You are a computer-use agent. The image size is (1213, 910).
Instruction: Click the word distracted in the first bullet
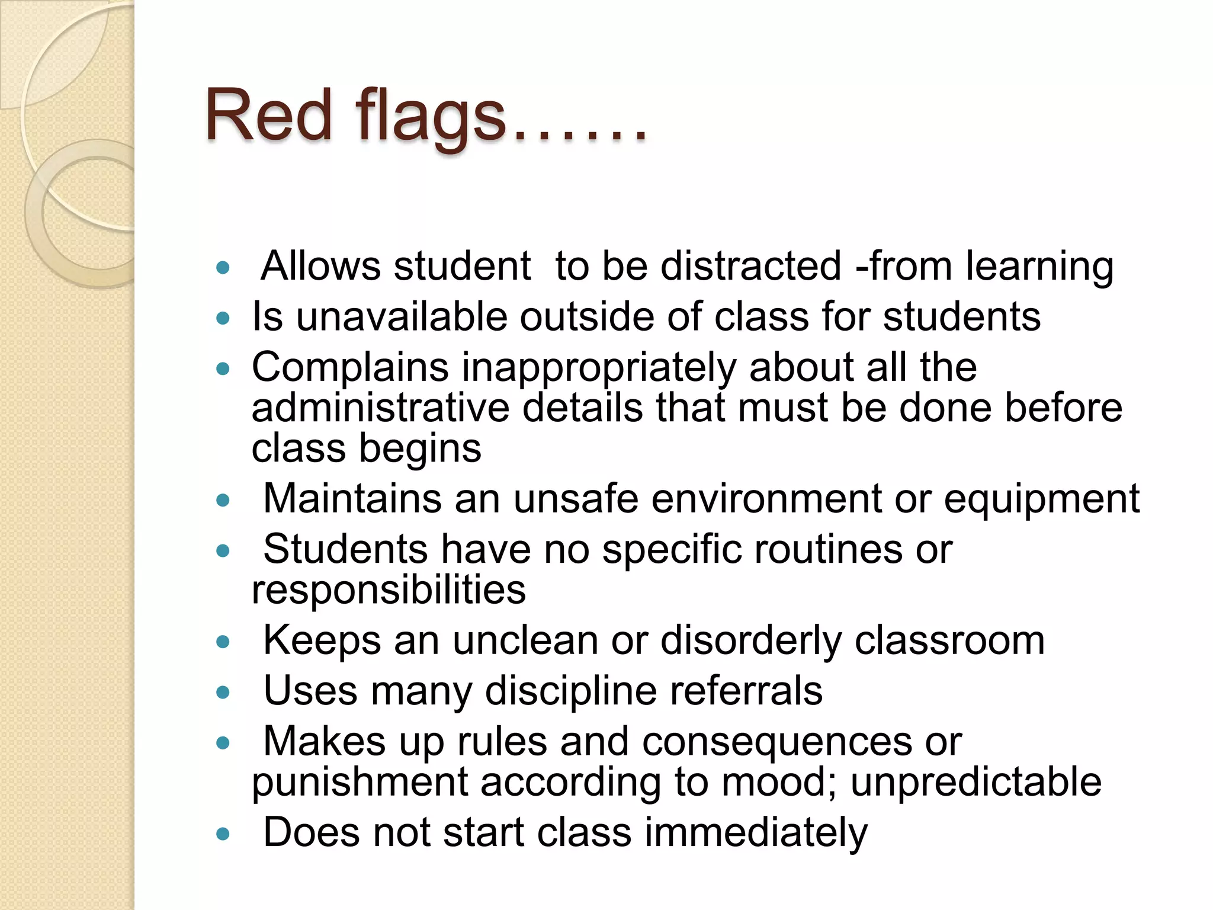click(750, 266)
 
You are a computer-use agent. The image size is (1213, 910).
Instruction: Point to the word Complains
click(350, 367)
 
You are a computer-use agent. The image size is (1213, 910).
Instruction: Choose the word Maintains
click(352, 498)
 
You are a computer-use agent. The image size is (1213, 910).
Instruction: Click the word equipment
click(1041, 499)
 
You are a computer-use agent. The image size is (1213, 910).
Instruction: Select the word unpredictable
click(976, 783)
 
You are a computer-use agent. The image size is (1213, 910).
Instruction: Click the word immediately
click(756, 833)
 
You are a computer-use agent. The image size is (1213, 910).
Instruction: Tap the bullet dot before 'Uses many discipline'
click(223, 692)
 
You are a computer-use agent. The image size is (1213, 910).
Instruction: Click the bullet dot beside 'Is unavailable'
click(223, 318)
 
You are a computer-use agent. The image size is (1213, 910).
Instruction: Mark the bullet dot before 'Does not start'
click(223, 834)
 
